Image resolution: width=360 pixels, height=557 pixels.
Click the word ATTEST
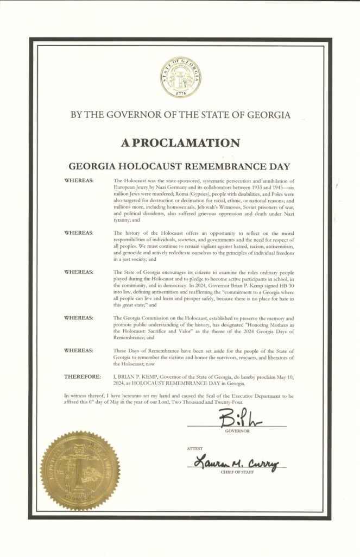coord(194,448)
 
